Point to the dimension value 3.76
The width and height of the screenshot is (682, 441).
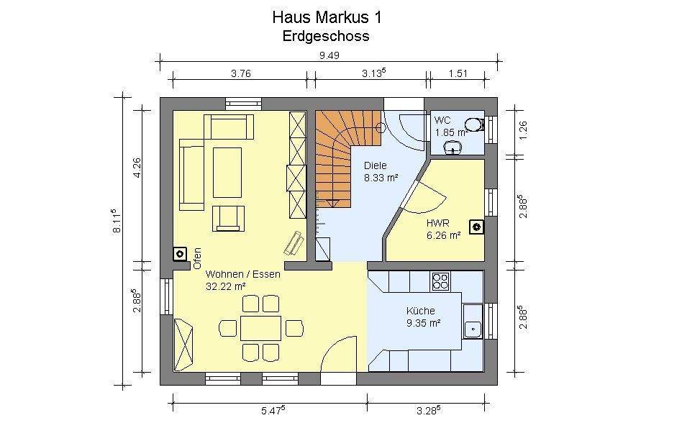pyautogui.click(x=241, y=72)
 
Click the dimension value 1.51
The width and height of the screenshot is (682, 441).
pyautogui.click(x=458, y=72)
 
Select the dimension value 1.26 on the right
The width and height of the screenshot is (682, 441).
pyautogui.click(x=523, y=129)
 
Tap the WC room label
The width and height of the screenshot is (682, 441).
pyautogui.click(x=441, y=119)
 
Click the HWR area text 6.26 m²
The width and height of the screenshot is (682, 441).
pyautogui.click(x=442, y=234)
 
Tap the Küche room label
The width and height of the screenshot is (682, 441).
pyautogui.click(x=421, y=311)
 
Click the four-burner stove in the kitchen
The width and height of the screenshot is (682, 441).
pyautogui.click(x=440, y=281)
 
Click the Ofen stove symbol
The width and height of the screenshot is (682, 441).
pyautogui.click(x=179, y=254)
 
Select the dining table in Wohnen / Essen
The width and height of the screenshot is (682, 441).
pyautogui.click(x=260, y=328)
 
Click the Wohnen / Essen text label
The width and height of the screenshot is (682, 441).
pyautogui.click(x=242, y=274)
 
